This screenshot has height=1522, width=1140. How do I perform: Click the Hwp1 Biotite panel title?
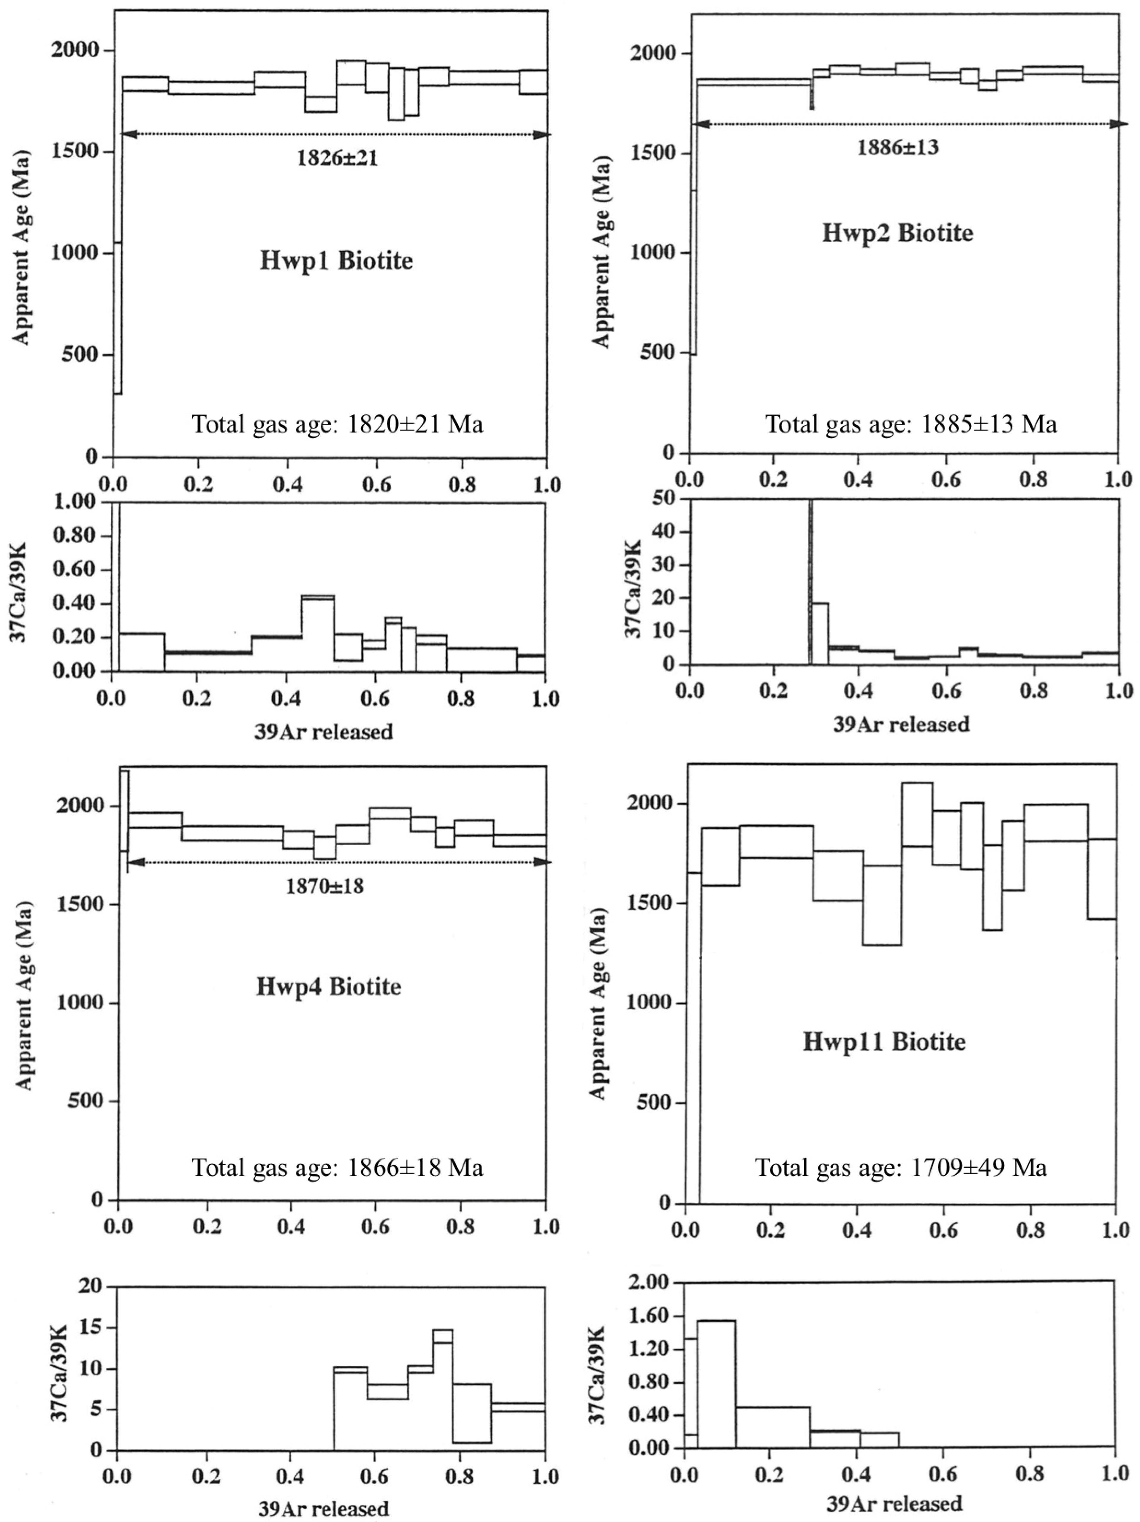[336, 261]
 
